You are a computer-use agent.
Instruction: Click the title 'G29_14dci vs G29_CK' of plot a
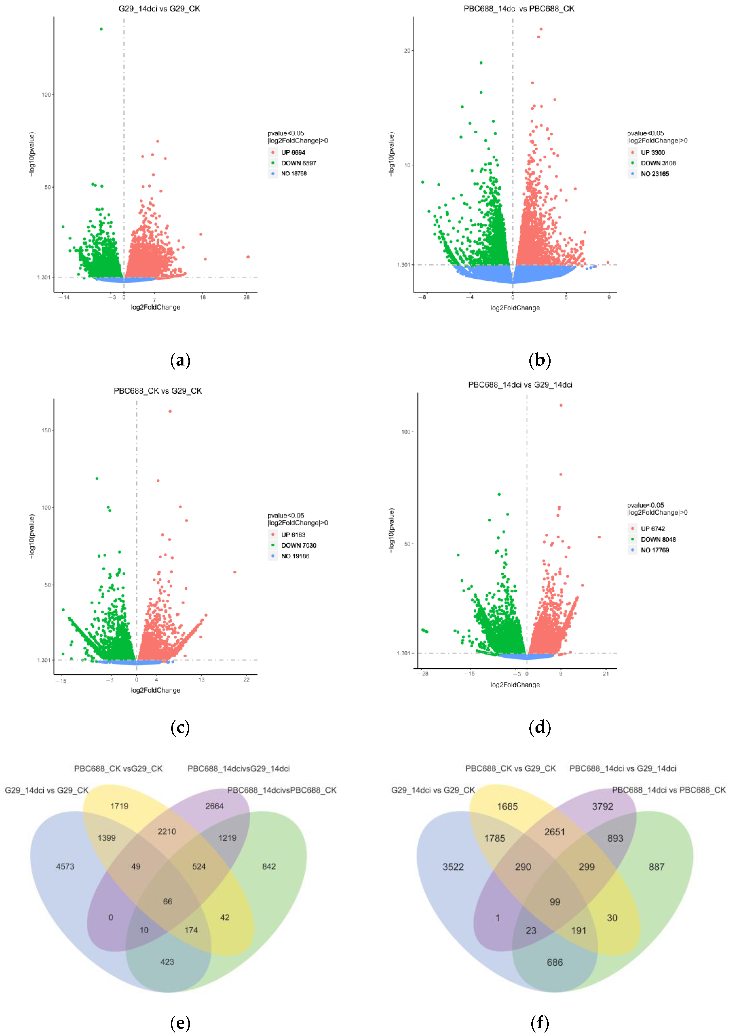point(159,9)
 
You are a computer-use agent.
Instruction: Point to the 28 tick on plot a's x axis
point(246,297)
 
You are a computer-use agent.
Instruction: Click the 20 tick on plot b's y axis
point(407,51)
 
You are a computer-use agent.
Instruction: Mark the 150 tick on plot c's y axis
point(46,430)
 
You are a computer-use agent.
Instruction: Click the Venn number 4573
point(65,866)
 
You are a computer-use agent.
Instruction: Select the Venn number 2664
point(214,806)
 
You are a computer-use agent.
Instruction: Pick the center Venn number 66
point(167,901)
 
